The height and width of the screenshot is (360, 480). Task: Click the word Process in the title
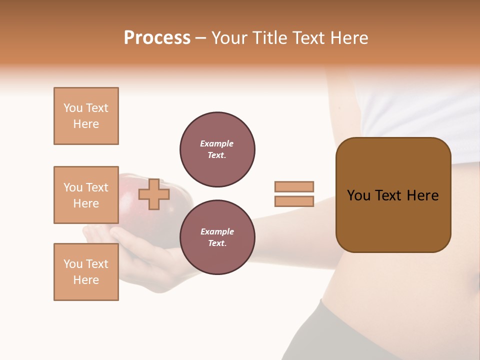pos(157,38)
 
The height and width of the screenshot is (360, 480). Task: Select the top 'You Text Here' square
pos(86,116)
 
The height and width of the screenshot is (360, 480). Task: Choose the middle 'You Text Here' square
pos(86,195)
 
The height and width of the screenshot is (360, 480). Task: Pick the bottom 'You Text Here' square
pos(86,272)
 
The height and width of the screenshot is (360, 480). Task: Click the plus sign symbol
pos(154,194)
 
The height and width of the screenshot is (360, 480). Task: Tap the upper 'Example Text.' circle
pos(217,149)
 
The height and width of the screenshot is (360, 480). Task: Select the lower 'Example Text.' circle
pos(217,237)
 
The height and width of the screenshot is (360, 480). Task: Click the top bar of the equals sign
pos(294,186)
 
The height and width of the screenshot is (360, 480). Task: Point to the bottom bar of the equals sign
pos(294,201)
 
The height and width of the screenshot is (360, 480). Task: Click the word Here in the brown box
pos(422,195)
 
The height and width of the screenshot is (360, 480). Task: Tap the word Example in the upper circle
pos(217,143)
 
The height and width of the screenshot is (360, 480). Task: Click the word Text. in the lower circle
pos(217,243)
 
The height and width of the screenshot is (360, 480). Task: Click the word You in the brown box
pos(358,195)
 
